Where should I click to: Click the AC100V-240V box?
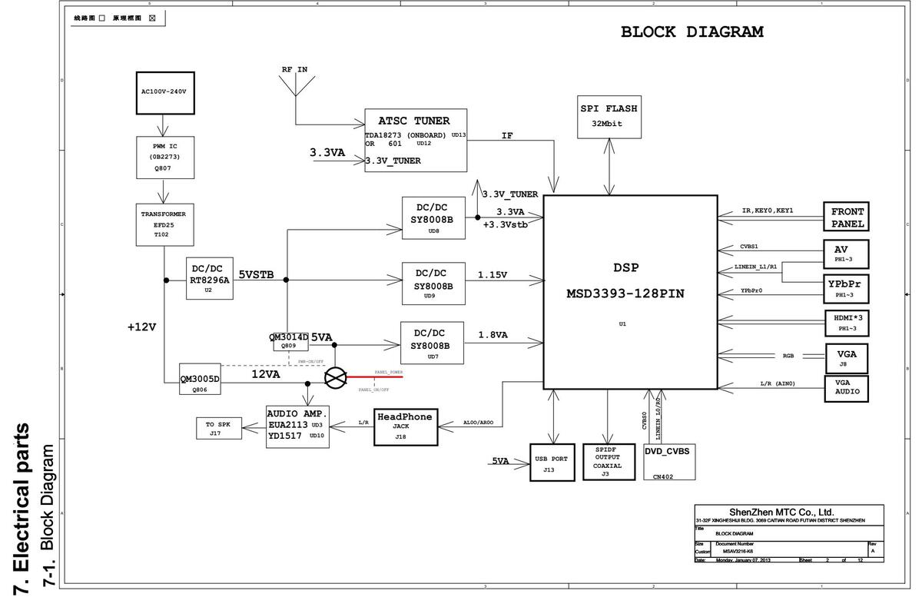164,91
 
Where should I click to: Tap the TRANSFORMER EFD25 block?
164,224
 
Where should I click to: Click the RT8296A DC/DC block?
209,279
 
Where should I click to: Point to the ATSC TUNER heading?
413,121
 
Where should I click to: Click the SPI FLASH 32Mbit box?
609,116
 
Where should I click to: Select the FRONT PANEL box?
847,217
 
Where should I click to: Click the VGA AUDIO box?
847,389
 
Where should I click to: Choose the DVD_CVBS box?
669,463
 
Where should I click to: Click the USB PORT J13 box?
552,463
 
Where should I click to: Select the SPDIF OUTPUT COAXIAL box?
607,463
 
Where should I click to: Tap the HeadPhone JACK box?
406,426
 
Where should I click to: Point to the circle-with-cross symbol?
336,377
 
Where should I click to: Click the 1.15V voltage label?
493,274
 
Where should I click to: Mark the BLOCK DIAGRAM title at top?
691,32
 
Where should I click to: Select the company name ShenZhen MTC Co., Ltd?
781,512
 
